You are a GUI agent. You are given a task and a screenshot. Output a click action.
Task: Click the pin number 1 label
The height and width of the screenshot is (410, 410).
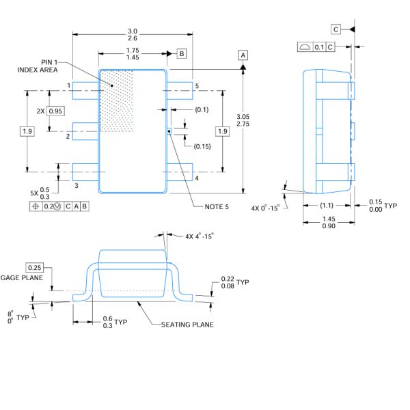click(x=69, y=85)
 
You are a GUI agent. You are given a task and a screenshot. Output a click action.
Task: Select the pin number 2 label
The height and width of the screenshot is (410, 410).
click(x=68, y=136)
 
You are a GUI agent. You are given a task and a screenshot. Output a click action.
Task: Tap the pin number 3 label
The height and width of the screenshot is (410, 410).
click(x=76, y=185)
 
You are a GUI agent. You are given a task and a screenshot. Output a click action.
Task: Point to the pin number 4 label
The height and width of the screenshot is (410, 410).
click(x=196, y=179)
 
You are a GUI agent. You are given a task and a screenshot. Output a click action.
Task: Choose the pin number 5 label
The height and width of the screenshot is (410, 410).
click(x=196, y=86)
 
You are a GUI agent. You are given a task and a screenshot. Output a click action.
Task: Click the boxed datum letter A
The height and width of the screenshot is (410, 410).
click(x=243, y=54)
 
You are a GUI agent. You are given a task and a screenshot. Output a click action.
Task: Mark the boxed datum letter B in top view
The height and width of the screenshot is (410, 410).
click(x=181, y=53)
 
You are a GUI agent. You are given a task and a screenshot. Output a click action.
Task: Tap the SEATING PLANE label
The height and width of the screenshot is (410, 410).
click(x=187, y=324)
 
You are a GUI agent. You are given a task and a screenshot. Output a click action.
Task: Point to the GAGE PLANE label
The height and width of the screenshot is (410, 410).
click(x=22, y=278)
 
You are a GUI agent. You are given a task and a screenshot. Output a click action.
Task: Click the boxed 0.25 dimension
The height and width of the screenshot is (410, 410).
click(x=34, y=266)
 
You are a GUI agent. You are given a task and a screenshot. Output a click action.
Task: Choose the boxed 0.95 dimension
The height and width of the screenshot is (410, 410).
click(x=55, y=111)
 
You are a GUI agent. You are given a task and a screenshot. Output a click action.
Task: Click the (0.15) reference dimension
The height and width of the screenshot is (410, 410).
click(x=203, y=146)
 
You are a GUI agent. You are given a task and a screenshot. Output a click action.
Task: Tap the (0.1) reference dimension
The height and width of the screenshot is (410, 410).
click(x=202, y=109)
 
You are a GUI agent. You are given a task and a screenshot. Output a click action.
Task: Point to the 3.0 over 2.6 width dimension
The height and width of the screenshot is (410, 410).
click(x=133, y=35)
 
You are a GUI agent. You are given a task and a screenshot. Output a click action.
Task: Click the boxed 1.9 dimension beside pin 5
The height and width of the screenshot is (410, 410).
click(x=222, y=131)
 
